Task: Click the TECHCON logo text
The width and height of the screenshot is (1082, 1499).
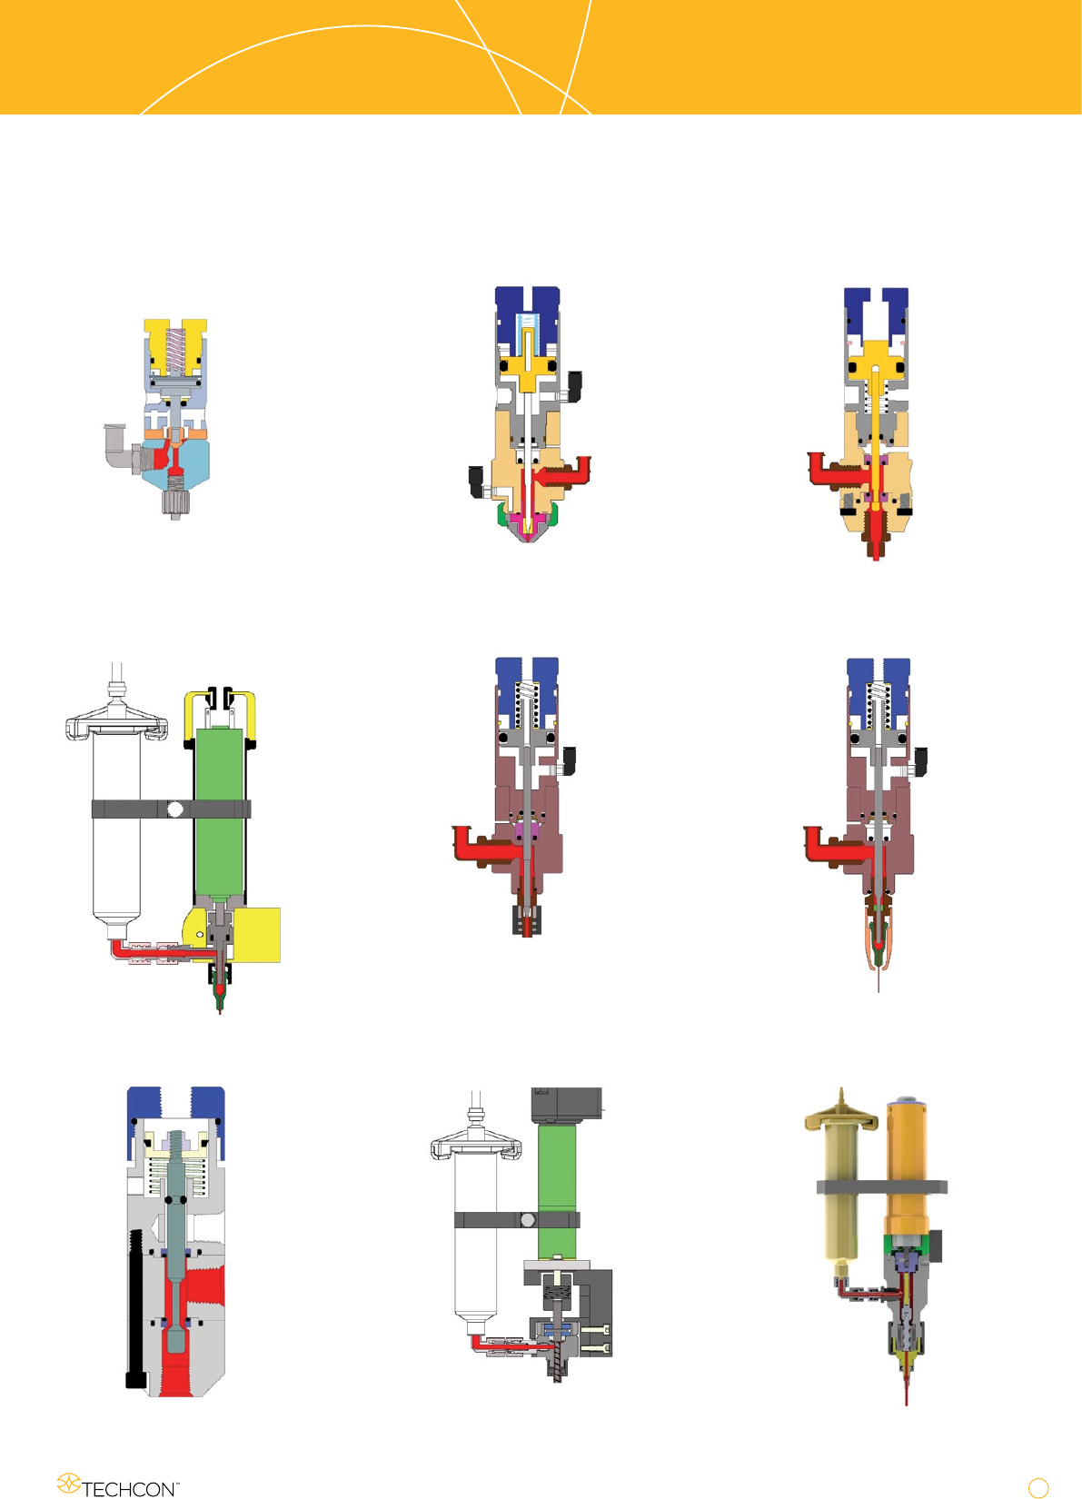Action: pyautogui.click(x=130, y=1489)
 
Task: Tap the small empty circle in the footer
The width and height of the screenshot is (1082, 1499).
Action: pyautogui.click(x=1037, y=1487)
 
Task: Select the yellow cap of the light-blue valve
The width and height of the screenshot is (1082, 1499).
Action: pyautogui.click(x=175, y=347)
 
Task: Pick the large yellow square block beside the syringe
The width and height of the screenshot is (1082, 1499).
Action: pyautogui.click(x=256, y=935)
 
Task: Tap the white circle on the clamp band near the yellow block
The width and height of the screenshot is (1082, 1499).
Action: pyautogui.click(x=175, y=809)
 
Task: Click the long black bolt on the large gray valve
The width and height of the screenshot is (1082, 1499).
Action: pyautogui.click(x=136, y=1308)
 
